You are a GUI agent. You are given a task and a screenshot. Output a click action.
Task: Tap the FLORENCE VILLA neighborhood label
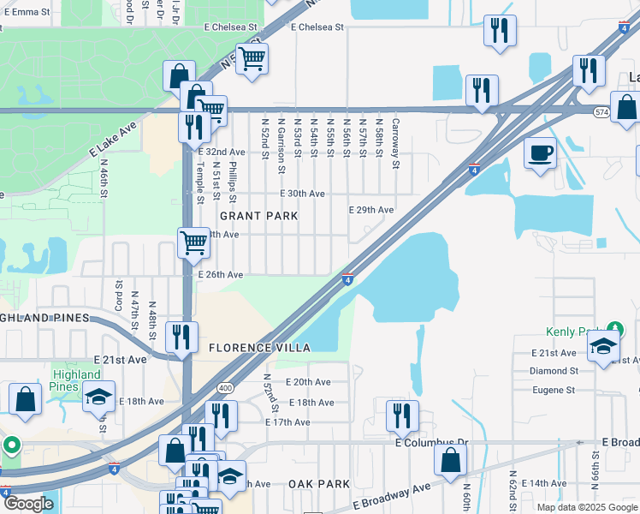pyautogui.click(x=259, y=348)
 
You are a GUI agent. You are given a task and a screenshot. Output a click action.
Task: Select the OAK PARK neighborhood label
pyautogui.click(x=318, y=484)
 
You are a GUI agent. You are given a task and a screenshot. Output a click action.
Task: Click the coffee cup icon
pyautogui.click(x=540, y=154)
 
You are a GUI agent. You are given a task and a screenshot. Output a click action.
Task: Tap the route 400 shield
pyautogui.click(x=225, y=388)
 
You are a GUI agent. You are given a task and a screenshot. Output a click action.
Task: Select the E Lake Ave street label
pyautogui.click(x=112, y=139)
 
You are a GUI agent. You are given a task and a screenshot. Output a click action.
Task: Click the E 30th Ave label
pyautogui.click(x=303, y=194)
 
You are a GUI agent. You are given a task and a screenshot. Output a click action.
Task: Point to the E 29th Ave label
pyautogui.click(x=371, y=210)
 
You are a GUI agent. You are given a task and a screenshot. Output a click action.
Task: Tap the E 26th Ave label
pyautogui.click(x=221, y=275)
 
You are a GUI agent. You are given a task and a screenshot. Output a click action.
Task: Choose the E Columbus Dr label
pyautogui.click(x=432, y=443)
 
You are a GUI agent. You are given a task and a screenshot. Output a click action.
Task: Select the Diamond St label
pyautogui.click(x=554, y=371)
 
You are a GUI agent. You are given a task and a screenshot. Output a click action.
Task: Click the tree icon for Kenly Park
pyautogui.click(x=613, y=329)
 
